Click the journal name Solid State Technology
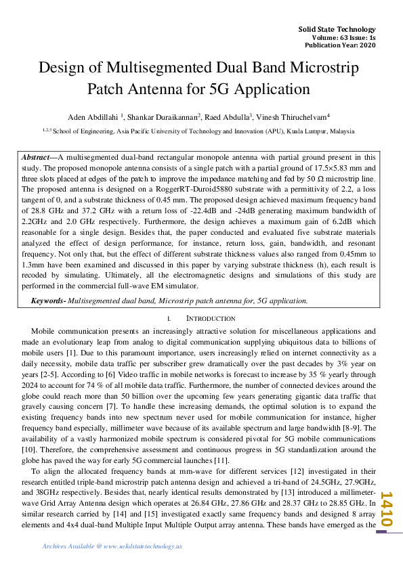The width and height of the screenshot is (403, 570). point(337,30)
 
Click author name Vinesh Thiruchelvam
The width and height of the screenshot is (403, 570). point(295,116)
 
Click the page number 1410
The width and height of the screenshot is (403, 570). point(387,510)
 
